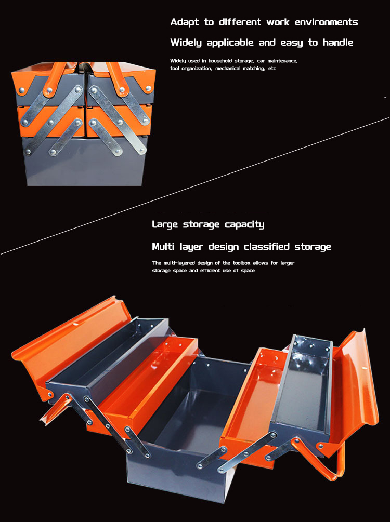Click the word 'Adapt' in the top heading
(x=184, y=22)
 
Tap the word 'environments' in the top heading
(x=326, y=22)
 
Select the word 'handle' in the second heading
(x=337, y=42)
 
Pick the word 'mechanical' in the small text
(x=228, y=68)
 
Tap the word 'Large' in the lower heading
(x=165, y=225)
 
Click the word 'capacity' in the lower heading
(x=244, y=225)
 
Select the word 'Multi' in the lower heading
(x=163, y=246)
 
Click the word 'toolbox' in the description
(x=241, y=263)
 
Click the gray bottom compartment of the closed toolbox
(x=85, y=162)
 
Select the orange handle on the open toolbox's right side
(x=320, y=460)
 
